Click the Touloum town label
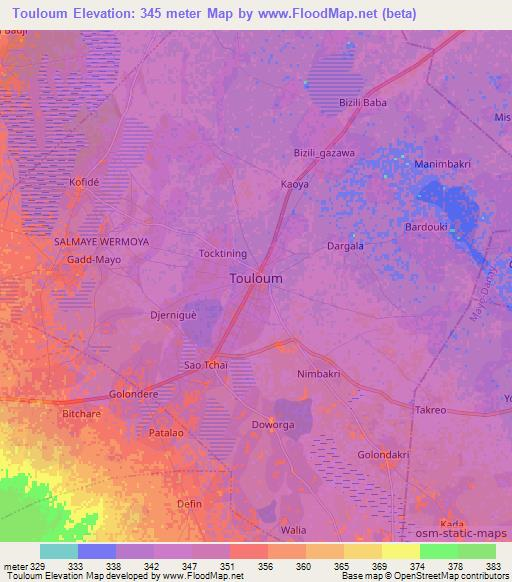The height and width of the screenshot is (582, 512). [256, 279]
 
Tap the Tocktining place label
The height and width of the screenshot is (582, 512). [222, 254]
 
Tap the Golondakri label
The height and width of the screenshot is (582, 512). [384, 455]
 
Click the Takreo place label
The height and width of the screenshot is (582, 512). [430, 411]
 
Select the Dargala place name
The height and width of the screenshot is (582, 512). [345, 245]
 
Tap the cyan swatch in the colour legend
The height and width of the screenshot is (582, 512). [58, 551]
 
